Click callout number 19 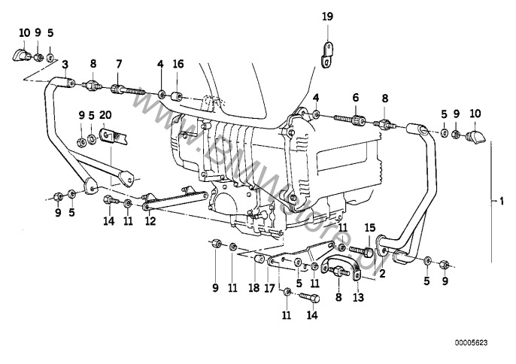coord(326,16)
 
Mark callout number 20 coord(106,115)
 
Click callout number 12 coord(150,222)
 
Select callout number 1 coord(502,201)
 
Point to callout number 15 coord(369,228)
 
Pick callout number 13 coord(357,296)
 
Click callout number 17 coord(269,287)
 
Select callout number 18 coord(253,287)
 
